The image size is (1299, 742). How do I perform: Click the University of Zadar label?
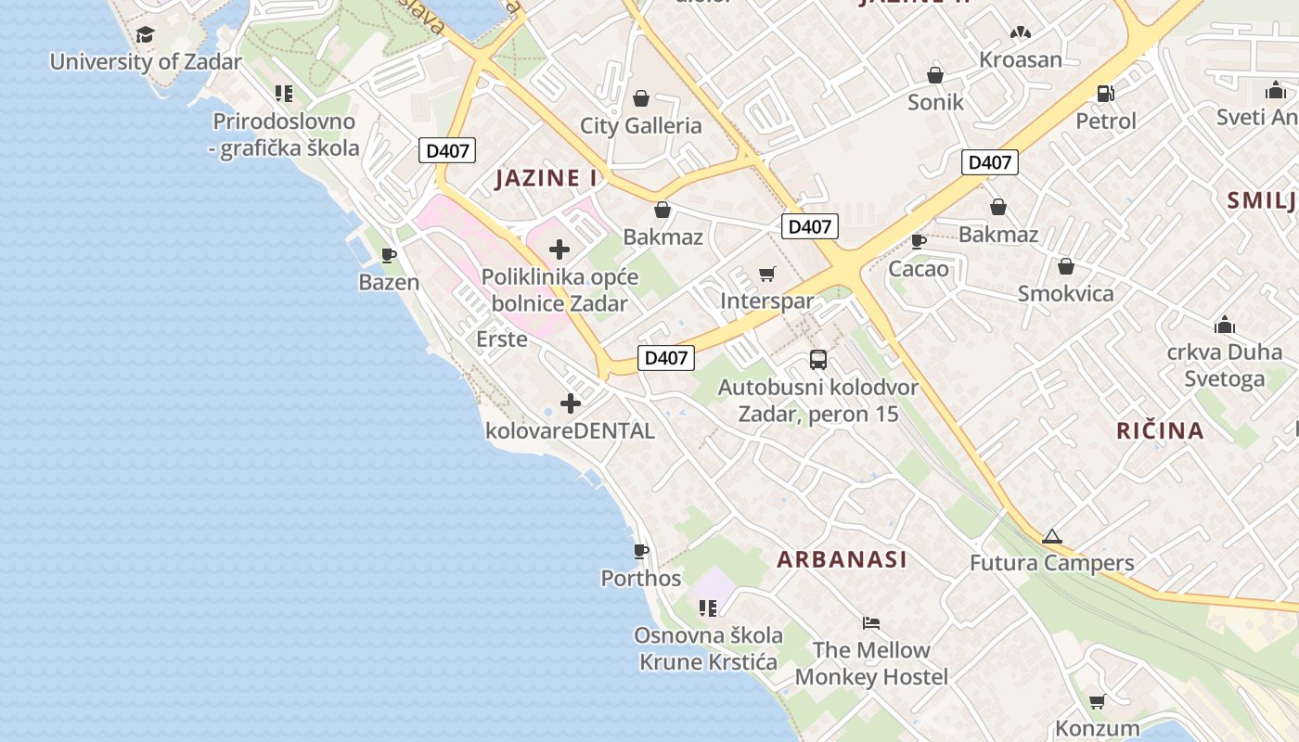click(145, 62)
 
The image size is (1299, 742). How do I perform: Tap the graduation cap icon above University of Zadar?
click(145, 35)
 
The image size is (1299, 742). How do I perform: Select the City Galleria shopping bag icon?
click(640, 98)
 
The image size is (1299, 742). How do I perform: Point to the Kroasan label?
click(1021, 59)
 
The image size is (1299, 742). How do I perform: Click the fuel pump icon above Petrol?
click(1105, 93)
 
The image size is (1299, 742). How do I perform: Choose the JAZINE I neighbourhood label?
click(547, 178)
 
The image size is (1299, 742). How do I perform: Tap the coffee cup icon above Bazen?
click(389, 256)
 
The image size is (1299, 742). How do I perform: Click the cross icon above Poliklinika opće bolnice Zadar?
click(559, 249)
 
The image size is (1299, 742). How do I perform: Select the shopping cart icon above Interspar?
click(766, 274)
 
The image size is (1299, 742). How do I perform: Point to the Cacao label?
click(919, 269)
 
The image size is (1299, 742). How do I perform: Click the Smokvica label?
click(1065, 293)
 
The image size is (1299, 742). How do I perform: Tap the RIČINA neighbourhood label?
click(1160, 430)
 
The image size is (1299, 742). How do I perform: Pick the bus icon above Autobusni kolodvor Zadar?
click(817, 360)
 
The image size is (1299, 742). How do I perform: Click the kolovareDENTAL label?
click(570, 430)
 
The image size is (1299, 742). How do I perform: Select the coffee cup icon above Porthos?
click(640, 552)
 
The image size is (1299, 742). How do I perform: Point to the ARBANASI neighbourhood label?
click(842, 559)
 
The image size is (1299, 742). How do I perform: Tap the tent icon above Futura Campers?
click(1051, 536)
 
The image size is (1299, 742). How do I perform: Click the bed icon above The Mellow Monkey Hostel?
click(870, 622)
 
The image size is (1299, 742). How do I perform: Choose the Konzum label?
click(1097, 728)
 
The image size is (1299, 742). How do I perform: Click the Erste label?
click(501, 339)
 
